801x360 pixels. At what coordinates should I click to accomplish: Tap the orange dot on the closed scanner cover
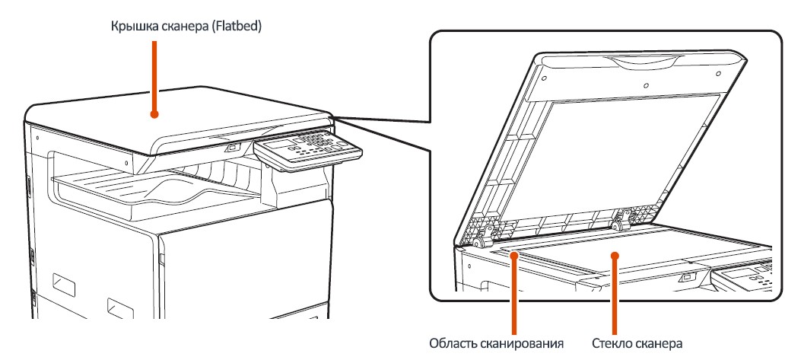(x=155, y=116)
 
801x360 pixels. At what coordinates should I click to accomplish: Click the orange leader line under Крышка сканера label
(x=155, y=76)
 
